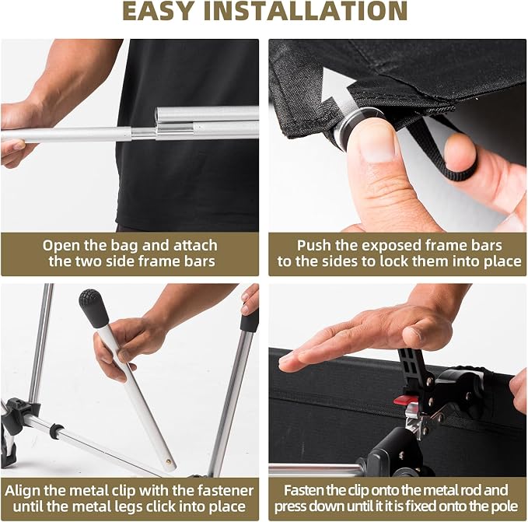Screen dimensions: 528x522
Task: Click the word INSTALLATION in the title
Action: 306,11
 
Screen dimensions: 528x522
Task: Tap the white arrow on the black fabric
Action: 337,89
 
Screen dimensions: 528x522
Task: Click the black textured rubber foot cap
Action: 93,308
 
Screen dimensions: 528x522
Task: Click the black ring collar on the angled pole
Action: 57,431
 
